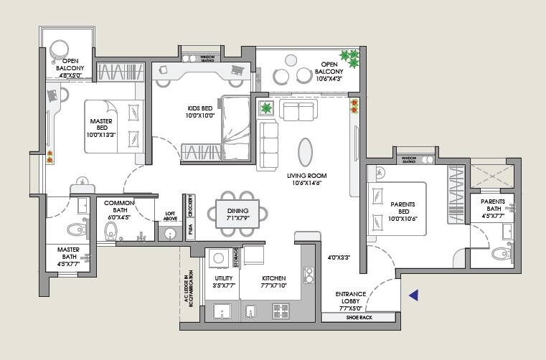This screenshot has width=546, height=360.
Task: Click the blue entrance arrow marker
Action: click(413, 295)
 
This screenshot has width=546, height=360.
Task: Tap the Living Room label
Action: click(306, 176)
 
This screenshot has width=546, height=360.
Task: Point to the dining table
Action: click(237, 213)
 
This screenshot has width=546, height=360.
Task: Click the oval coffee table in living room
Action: click(305, 151)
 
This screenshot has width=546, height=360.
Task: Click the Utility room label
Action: click(223, 278)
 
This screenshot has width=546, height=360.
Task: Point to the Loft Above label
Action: click(171, 216)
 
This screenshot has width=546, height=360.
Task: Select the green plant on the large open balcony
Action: click(349, 56)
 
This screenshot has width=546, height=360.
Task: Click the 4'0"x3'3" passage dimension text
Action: click(339, 257)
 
